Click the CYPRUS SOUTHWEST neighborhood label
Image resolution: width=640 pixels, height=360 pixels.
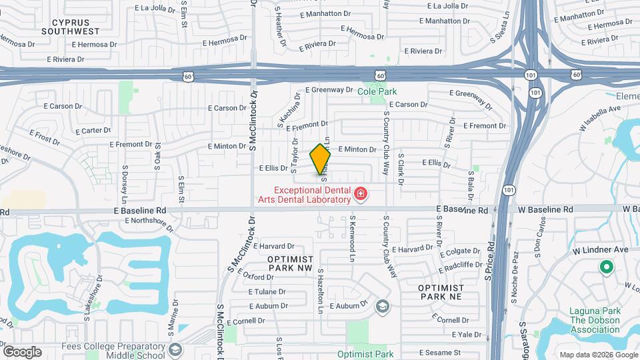(x=70, y=25)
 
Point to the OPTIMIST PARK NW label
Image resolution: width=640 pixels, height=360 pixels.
(x=290, y=263)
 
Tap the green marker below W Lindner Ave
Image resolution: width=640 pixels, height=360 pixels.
(x=606, y=268)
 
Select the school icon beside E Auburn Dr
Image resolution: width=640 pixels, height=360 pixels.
(x=382, y=306)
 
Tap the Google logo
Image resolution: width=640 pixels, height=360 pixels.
(x=22, y=352)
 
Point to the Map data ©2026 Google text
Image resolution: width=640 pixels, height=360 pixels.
(x=597, y=355)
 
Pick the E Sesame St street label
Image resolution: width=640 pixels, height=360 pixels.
(x=439, y=352)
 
